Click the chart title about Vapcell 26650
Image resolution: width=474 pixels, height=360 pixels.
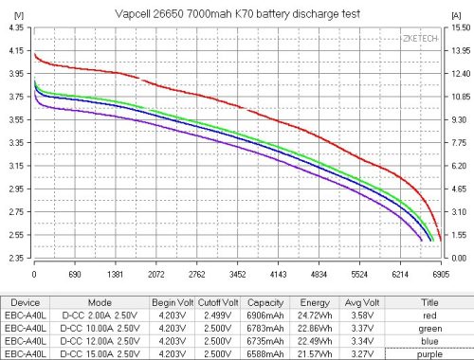[x=237, y=9]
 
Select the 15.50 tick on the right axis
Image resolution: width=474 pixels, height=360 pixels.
[x=459, y=28]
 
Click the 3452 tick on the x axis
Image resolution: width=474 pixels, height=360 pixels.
[x=237, y=273]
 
